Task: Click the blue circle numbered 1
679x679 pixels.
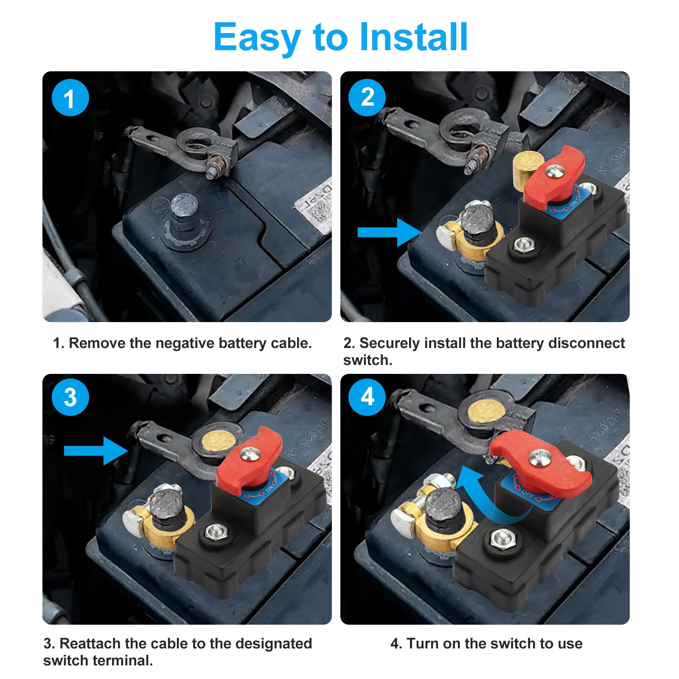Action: [70, 98]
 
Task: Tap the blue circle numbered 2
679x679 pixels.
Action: [367, 98]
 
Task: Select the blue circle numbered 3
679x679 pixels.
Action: [70, 397]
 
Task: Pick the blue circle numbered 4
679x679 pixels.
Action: [367, 397]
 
